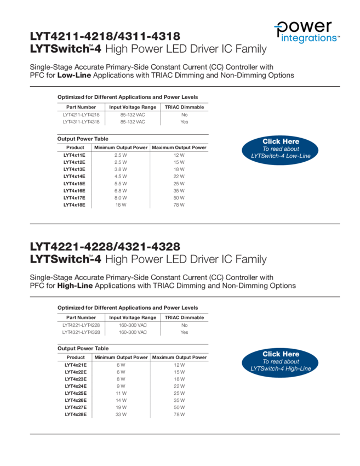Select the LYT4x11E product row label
point(75,155)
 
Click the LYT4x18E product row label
point(75,205)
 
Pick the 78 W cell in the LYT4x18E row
point(179,205)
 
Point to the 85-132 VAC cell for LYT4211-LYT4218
point(133,115)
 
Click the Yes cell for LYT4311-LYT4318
point(184,122)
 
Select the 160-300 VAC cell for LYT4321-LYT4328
point(133,332)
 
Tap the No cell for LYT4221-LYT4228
point(184,325)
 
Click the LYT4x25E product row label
point(76,393)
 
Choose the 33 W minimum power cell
point(121,414)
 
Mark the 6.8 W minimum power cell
point(121,191)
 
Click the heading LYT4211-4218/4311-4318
point(105,37)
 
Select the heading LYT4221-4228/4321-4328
point(105,247)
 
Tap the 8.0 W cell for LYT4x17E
point(121,198)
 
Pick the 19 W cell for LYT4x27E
point(121,407)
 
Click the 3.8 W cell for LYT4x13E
point(121,169)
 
